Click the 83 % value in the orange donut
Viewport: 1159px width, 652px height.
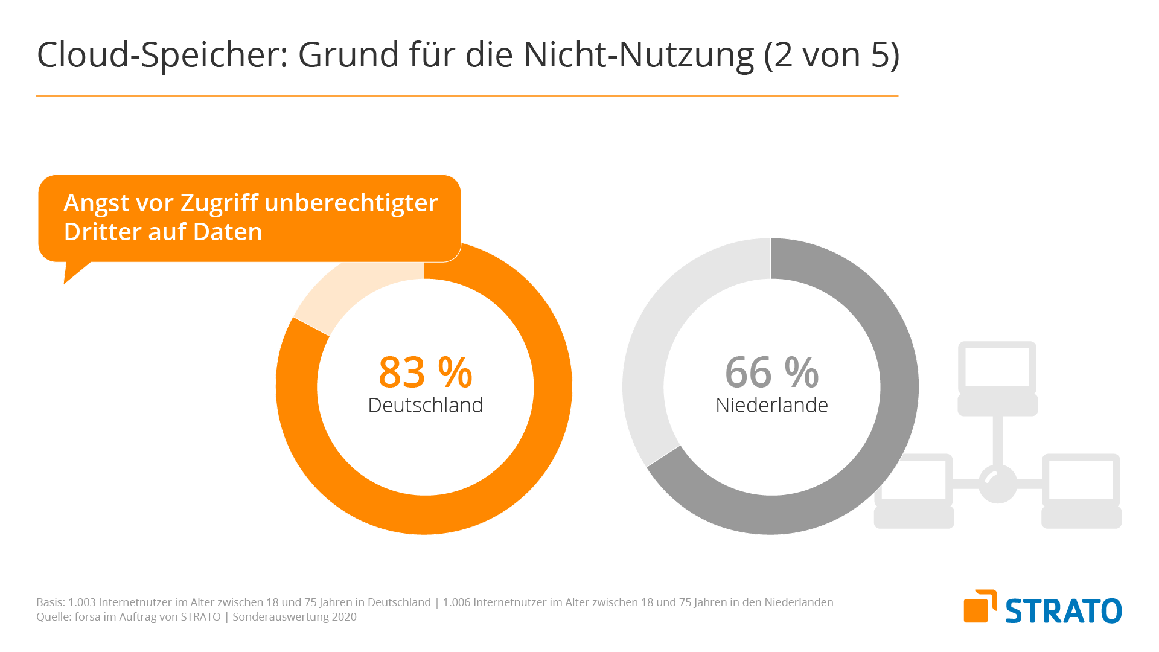425,372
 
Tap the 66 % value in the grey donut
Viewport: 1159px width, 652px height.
771,372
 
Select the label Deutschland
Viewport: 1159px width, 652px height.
425,405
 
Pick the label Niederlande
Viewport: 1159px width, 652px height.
771,405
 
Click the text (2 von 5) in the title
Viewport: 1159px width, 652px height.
831,55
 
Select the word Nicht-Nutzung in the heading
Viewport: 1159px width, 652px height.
638,55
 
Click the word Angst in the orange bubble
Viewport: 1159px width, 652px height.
97,203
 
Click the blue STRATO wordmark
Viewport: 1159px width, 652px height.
1063,611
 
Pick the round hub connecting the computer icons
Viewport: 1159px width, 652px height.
997,484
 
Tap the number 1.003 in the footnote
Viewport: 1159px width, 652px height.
81,602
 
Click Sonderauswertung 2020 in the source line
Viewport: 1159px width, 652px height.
295,617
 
